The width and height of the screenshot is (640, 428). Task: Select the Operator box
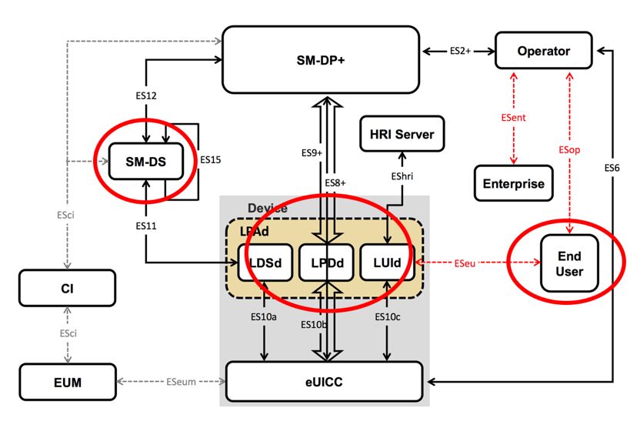pyautogui.click(x=543, y=52)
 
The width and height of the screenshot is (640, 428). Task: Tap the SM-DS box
pyautogui.click(x=146, y=162)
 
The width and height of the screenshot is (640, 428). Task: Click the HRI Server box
pyautogui.click(x=398, y=135)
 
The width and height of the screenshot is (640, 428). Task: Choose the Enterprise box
pyautogui.click(x=513, y=184)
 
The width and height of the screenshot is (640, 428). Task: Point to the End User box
pyautogui.click(x=570, y=263)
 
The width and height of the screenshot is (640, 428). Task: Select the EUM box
pyautogui.click(x=68, y=381)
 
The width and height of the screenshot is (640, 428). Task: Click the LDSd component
pyautogui.click(x=265, y=263)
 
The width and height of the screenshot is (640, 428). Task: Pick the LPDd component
pyautogui.click(x=327, y=263)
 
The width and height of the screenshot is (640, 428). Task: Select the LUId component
pyautogui.click(x=389, y=263)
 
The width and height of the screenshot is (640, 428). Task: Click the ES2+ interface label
pyautogui.click(x=459, y=52)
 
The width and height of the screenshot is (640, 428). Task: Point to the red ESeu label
pyautogui.click(x=466, y=263)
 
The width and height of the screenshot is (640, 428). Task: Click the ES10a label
pyautogui.click(x=265, y=316)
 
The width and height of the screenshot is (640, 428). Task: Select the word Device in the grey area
pyautogui.click(x=266, y=209)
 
